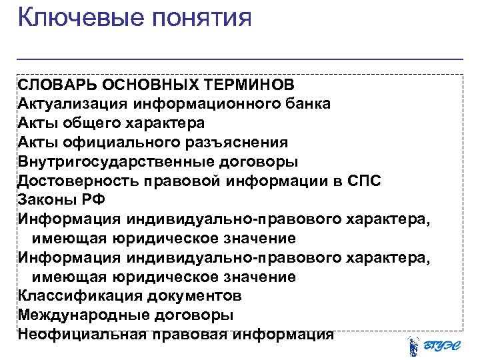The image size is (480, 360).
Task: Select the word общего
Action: coord(93,123)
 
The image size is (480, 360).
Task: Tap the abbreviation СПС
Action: coord(364,181)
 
